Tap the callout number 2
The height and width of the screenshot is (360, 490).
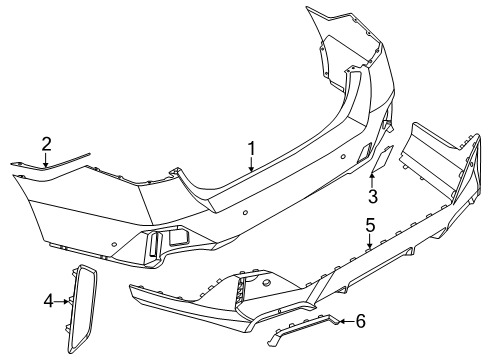click(46, 143)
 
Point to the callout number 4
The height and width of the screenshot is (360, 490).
click(48, 299)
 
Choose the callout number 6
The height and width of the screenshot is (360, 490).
click(361, 321)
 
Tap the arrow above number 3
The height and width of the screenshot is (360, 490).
click(373, 178)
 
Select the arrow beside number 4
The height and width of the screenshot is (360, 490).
click(63, 299)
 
